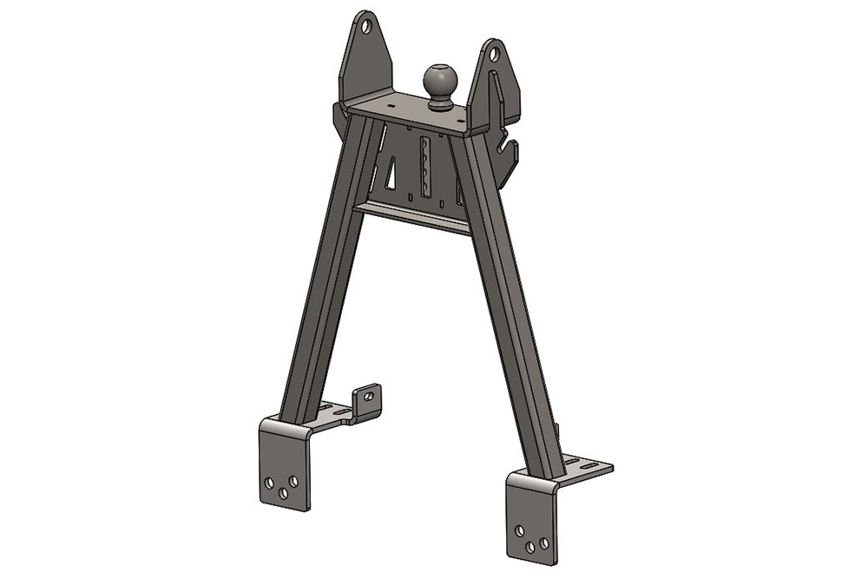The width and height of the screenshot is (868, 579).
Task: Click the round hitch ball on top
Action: click(441, 81)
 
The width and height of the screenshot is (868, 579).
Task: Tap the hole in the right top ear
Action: click(494, 55)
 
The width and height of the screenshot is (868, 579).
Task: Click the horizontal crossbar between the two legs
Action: click(412, 215)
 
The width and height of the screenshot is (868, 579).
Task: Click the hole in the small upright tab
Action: click(369, 396)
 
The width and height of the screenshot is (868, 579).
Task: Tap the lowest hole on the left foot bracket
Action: click(283, 493)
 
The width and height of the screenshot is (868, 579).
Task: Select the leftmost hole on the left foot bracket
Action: click(271, 480)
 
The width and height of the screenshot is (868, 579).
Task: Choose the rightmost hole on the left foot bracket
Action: click(293, 480)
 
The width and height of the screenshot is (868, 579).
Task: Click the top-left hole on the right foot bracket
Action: click(519, 530)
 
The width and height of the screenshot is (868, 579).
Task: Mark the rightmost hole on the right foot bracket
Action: click(543, 543)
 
